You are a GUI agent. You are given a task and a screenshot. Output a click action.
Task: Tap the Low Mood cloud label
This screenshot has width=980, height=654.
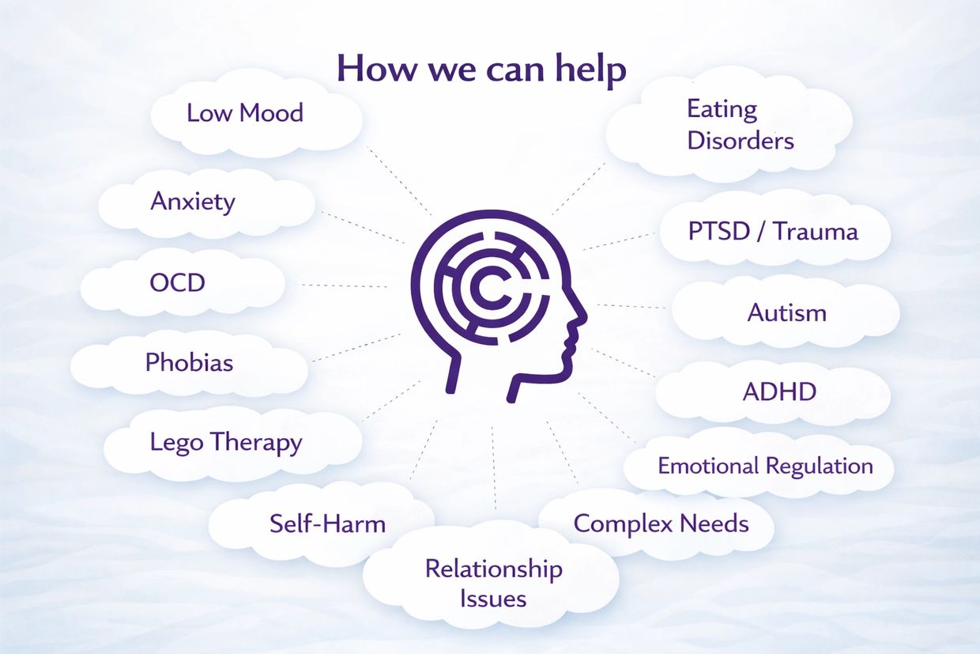click(245, 112)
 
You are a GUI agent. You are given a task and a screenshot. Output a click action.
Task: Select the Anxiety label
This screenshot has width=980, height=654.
click(193, 201)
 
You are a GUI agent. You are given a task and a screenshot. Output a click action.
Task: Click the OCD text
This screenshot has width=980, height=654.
click(177, 282)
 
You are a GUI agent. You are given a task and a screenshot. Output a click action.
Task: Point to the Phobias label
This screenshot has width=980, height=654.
click(189, 362)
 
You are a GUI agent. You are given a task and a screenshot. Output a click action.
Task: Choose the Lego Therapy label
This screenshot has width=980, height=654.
click(226, 442)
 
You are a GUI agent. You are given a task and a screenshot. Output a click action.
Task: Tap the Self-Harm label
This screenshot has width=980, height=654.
click(327, 523)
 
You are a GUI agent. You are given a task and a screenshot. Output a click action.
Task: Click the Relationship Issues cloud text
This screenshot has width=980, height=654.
click(493, 583)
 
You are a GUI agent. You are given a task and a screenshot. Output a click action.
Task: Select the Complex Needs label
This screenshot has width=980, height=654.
click(661, 523)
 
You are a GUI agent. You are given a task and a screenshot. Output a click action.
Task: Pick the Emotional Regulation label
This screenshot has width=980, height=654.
click(765, 465)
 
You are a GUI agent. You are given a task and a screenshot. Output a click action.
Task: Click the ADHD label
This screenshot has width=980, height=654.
click(779, 391)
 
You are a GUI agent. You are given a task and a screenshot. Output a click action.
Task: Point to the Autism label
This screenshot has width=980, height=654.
click(786, 312)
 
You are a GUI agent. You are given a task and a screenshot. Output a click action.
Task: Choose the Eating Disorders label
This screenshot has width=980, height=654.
click(740, 124)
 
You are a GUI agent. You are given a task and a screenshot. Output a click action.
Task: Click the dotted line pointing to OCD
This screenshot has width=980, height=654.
click(344, 285)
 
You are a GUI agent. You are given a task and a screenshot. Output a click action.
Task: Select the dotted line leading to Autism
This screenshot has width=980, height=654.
click(631, 306)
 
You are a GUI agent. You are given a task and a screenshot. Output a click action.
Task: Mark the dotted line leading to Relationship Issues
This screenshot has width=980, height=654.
click(494, 467)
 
